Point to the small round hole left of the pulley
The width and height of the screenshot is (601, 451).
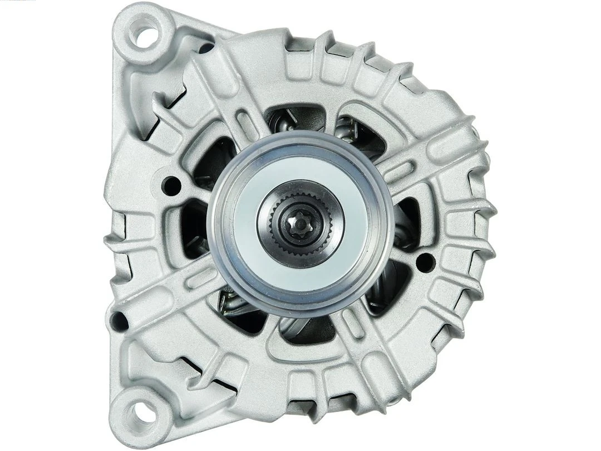click(171, 185)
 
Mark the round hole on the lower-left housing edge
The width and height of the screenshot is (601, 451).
click(119, 320)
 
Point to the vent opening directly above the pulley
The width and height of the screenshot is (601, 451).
click(295, 119)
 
